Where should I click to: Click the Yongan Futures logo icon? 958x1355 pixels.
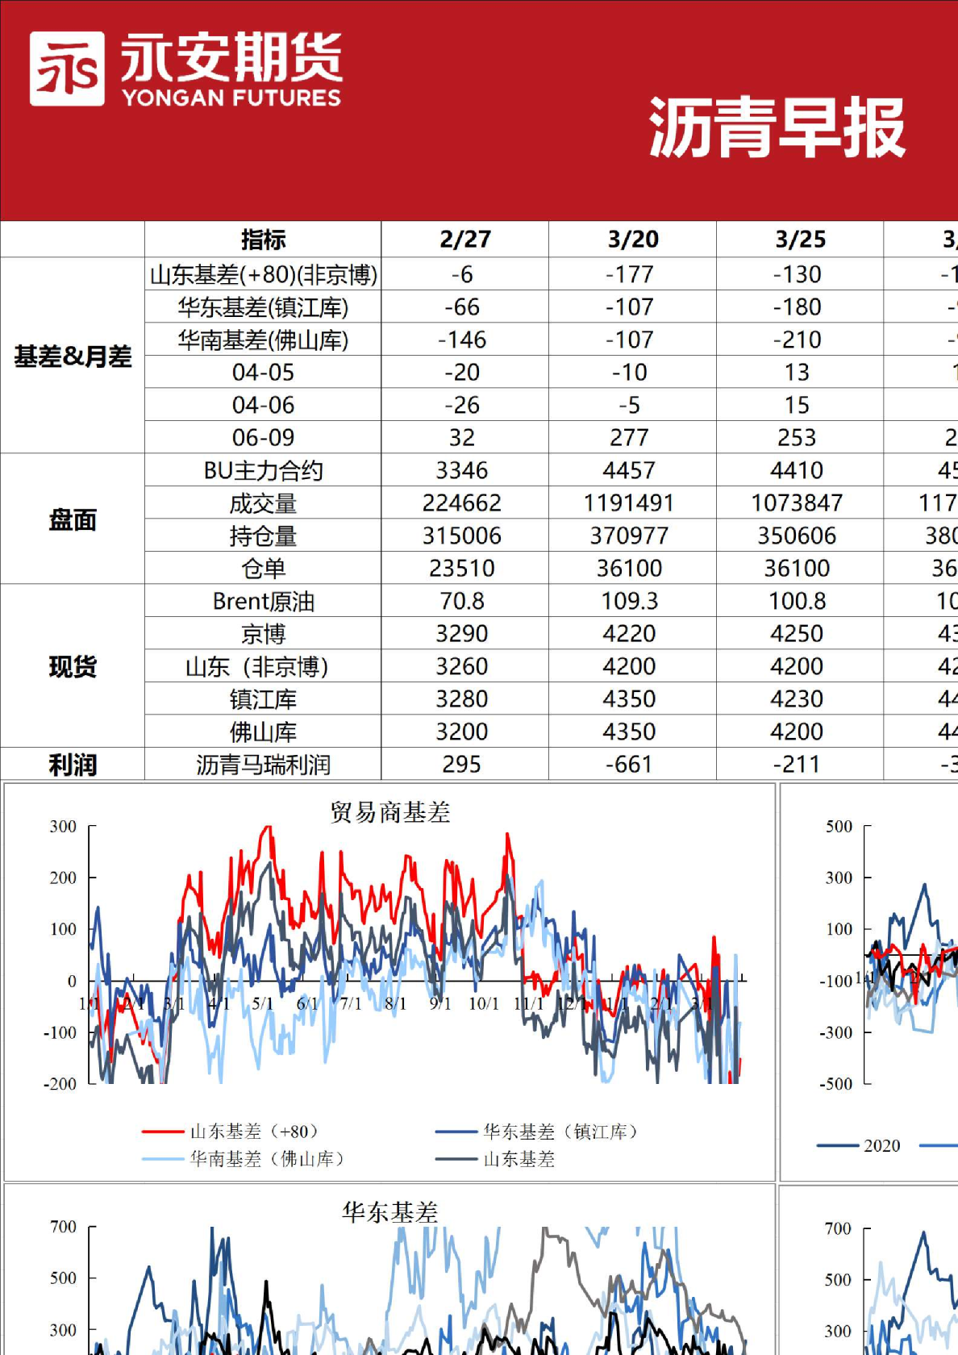point(67,69)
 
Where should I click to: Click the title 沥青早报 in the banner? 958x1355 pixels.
point(777,127)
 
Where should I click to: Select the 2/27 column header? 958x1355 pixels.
point(464,240)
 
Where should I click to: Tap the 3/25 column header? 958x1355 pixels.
point(800,240)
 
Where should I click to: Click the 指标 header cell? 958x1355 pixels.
point(263,240)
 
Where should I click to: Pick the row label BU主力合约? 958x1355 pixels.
point(263,470)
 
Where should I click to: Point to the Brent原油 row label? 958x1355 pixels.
point(263,601)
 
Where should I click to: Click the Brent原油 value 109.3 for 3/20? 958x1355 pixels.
point(629,601)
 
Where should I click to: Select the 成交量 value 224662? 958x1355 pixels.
point(462,503)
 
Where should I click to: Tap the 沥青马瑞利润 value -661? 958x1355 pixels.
point(629,764)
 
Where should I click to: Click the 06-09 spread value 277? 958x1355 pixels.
point(629,437)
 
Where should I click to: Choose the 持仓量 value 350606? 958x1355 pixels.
point(797,536)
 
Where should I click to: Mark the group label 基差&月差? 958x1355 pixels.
point(73,356)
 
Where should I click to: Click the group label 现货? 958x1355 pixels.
point(73,666)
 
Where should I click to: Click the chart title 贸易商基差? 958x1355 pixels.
point(389,811)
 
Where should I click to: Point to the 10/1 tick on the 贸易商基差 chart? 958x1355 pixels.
point(484,1004)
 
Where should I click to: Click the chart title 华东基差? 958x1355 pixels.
point(389,1211)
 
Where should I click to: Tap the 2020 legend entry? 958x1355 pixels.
point(881,1145)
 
